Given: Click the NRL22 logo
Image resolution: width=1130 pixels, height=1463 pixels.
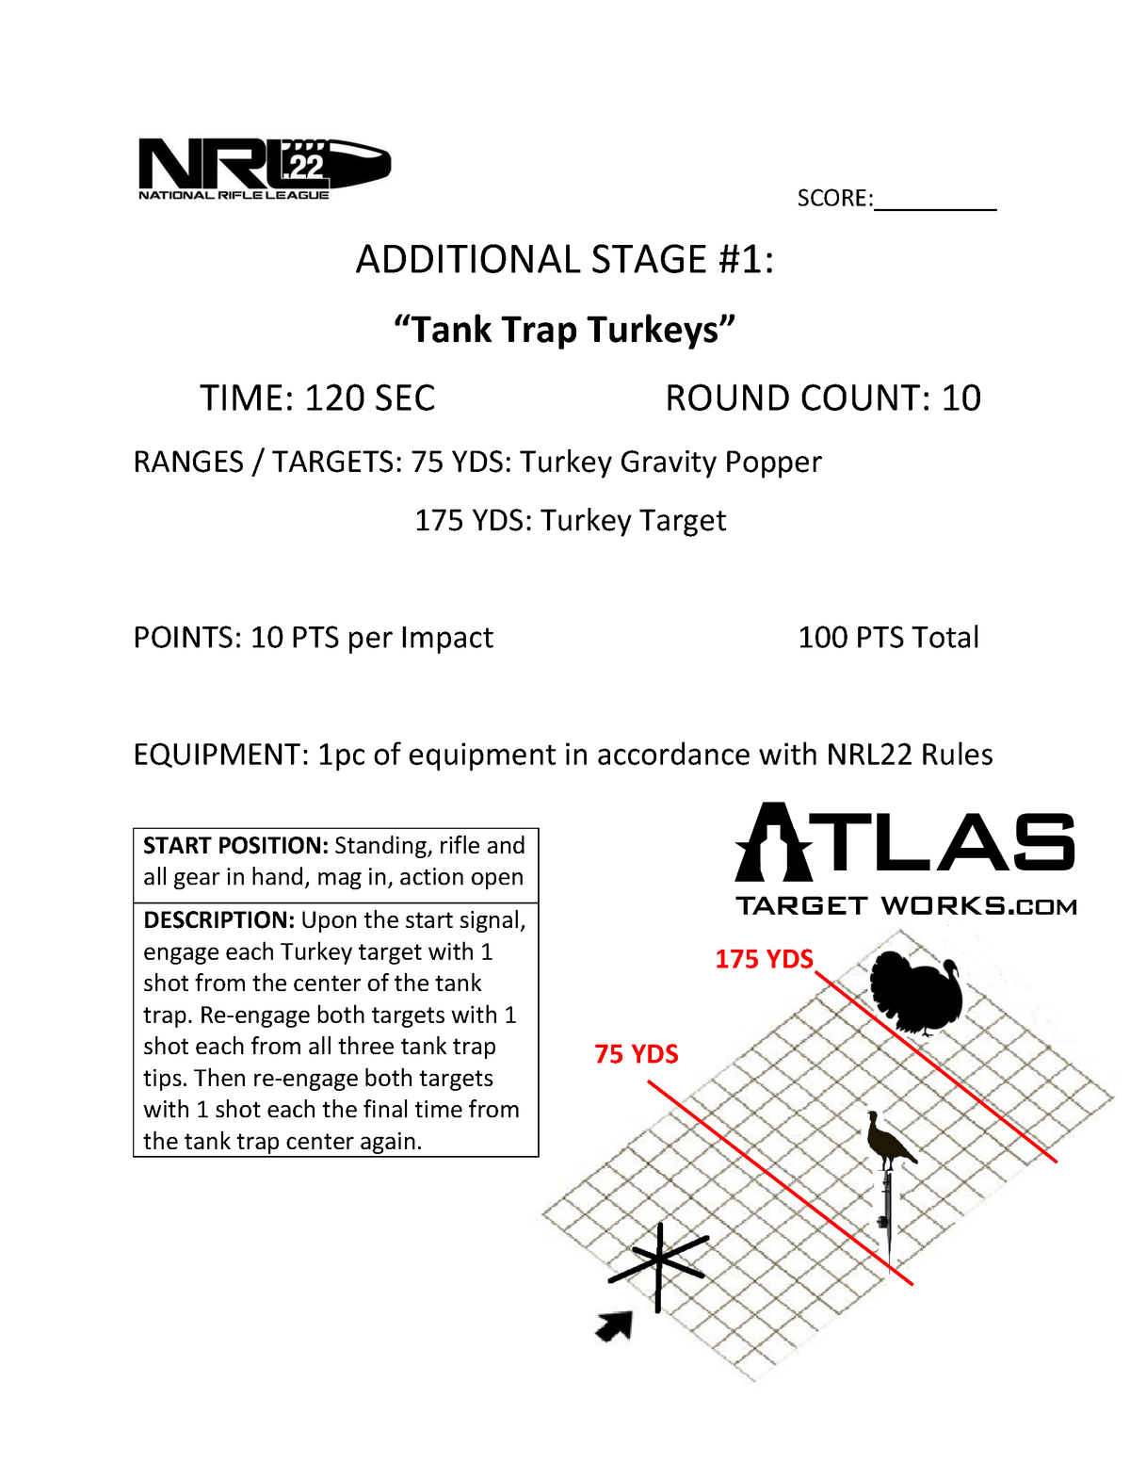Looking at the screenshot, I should pos(264,169).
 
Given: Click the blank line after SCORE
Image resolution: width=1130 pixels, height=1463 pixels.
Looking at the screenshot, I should pos(934,201).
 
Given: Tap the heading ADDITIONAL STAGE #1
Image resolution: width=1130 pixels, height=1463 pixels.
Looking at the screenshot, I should pos(564,260).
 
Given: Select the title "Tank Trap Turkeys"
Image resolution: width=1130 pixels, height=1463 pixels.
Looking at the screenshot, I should pos(564,330).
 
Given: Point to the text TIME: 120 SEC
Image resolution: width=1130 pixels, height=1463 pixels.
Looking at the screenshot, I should pos(317,398).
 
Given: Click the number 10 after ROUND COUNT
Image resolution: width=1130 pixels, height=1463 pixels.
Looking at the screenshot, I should pos(960,398).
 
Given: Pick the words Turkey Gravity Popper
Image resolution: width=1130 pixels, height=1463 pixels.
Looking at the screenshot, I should pos(670,463).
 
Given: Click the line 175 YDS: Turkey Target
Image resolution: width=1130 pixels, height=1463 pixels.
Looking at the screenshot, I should pos(570,521).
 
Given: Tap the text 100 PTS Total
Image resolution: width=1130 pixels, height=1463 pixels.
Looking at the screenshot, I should pos(888,638).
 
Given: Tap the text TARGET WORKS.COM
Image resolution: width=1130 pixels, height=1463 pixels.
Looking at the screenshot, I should pos(905,906).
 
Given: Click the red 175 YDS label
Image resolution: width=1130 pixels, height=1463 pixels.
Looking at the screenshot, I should pos(764,959).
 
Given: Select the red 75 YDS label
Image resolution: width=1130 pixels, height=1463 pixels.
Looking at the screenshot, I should pos(637,1054).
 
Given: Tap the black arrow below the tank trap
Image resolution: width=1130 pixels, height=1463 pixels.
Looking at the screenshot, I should pos(615,1326).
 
